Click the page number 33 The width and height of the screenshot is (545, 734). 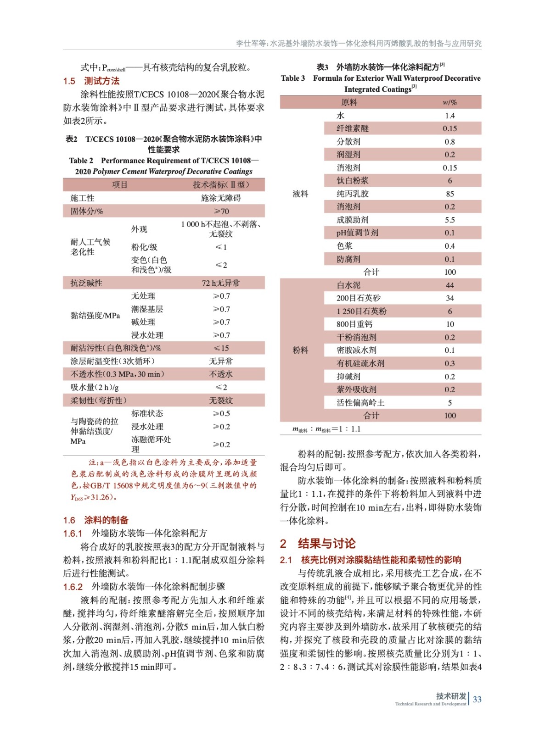[477, 699]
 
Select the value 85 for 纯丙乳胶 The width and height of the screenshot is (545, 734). [449, 194]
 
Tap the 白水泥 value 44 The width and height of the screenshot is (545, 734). [449, 285]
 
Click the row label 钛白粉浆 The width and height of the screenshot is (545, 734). [352, 181]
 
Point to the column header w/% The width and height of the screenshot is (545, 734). [449, 102]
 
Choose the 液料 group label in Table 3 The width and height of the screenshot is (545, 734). [300, 194]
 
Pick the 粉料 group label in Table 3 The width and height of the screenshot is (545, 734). [300, 350]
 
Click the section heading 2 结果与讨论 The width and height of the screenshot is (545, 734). [318, 544]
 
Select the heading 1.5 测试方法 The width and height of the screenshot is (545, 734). [91, 81]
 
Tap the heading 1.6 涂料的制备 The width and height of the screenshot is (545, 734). [96, 520]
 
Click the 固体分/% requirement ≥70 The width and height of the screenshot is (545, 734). [221, 211]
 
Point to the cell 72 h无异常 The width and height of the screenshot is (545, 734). [221, 283]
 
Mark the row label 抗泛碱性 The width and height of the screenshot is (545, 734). [86, 283]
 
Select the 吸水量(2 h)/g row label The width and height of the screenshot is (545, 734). [95, 387]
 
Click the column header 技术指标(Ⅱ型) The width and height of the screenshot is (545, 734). [221, 185]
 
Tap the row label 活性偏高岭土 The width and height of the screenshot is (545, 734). [360, 402]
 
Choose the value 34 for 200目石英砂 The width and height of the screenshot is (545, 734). [449, 298]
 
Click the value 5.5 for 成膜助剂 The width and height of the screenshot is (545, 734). [449, 220]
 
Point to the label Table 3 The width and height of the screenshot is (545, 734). [293, 78]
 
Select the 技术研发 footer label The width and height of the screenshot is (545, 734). [451, 696]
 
